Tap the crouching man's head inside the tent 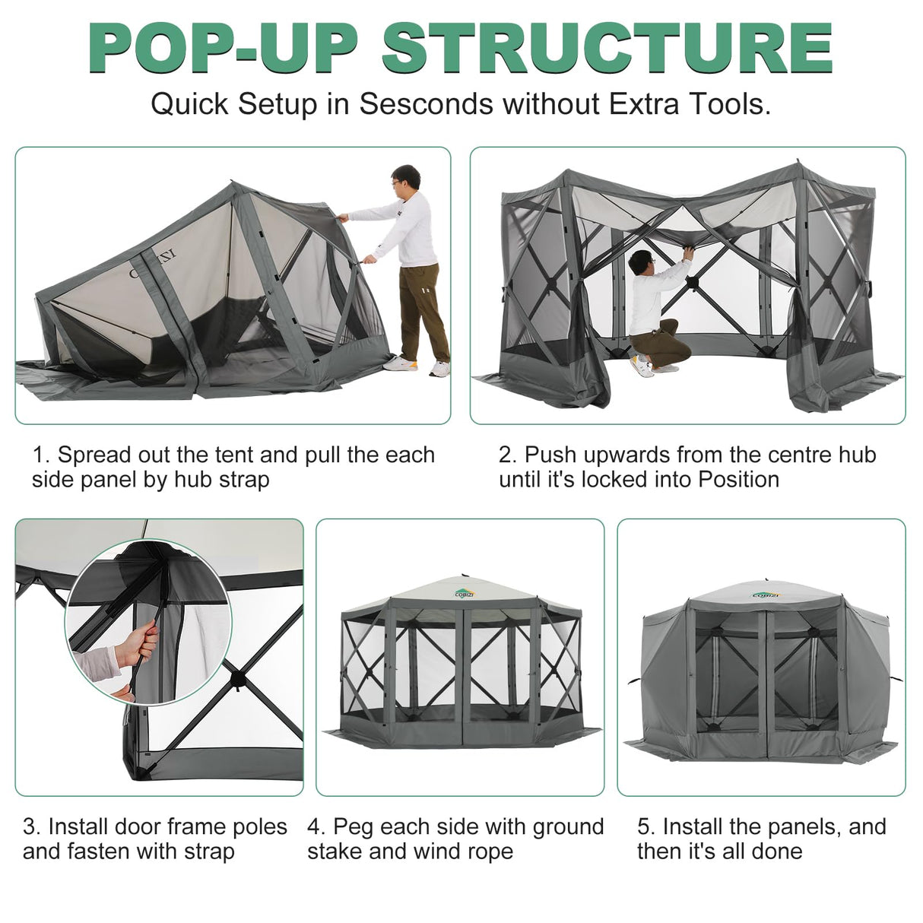pyautogui.click(x=643, y=263)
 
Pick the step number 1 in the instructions pyautogui.click(x=39, y=455)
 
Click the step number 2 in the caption pyautogui.click(x=506, y=455)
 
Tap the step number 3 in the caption pyautogui.click(x=30, y=826)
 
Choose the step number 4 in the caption pyautogui.click(x=315, y=826)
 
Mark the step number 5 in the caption pyautogui.click(x=645, y=826)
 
